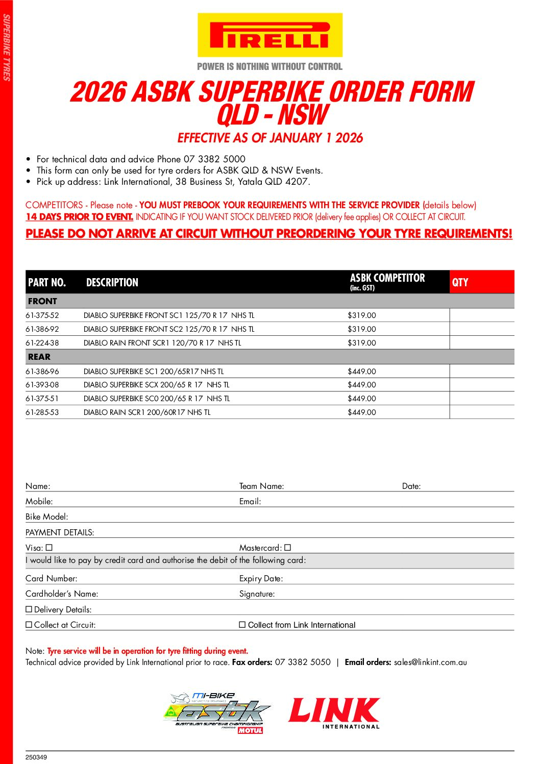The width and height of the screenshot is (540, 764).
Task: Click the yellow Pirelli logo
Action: (269, 35)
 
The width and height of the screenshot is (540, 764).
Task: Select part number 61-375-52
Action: (42, 315)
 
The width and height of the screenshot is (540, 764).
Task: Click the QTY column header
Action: (460, 282)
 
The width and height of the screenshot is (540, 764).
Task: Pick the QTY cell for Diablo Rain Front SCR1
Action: (481, 343)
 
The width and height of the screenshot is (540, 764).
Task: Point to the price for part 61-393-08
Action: (361, 385)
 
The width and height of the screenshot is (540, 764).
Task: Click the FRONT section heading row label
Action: (42, 301)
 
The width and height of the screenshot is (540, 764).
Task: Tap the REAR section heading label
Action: (39, 357)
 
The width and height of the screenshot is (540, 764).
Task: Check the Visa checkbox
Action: (50, 548)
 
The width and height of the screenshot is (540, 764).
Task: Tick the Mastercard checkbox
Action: (288, 548)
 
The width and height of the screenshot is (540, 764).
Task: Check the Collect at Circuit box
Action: (29, 625)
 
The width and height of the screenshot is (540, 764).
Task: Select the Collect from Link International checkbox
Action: (242, 625)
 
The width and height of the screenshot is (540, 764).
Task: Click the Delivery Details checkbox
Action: (29, 609)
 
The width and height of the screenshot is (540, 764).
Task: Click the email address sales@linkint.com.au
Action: (430, 662)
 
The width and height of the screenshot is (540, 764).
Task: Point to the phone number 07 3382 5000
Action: (214, 159)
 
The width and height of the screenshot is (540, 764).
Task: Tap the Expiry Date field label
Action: (261, 578)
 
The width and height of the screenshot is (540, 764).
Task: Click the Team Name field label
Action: (261, 486)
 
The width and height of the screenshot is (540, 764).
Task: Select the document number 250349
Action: (36, 757)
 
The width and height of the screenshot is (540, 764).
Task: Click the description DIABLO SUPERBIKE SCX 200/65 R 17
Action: (156, 385)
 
